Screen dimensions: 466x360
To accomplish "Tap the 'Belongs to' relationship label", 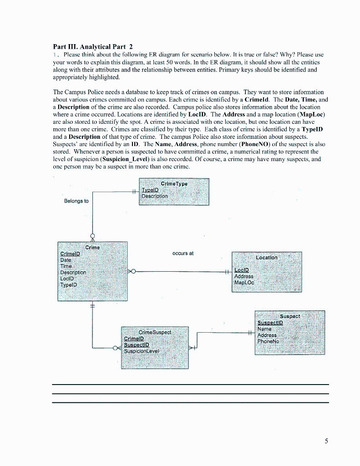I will (76, 201).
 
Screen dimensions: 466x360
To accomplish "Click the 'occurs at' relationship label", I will (183, 253).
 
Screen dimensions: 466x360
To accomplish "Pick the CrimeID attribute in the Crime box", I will (70, 254).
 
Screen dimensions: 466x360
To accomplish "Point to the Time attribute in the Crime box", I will (66, 266).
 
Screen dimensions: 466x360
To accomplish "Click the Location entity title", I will (266, 258).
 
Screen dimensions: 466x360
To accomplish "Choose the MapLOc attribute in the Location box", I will (244, 283).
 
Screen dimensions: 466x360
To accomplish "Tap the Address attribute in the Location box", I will (243, 276).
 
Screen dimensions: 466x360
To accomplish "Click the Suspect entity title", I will (289, 316).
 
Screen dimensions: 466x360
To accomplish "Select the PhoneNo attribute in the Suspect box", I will (268, 341).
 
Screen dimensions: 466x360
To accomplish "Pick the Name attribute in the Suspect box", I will (264, 329).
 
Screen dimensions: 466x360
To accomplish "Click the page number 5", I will (326, 441).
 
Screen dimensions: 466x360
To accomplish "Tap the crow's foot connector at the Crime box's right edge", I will (132, 272).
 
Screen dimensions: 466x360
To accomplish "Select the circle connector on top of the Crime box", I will (93, 237).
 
